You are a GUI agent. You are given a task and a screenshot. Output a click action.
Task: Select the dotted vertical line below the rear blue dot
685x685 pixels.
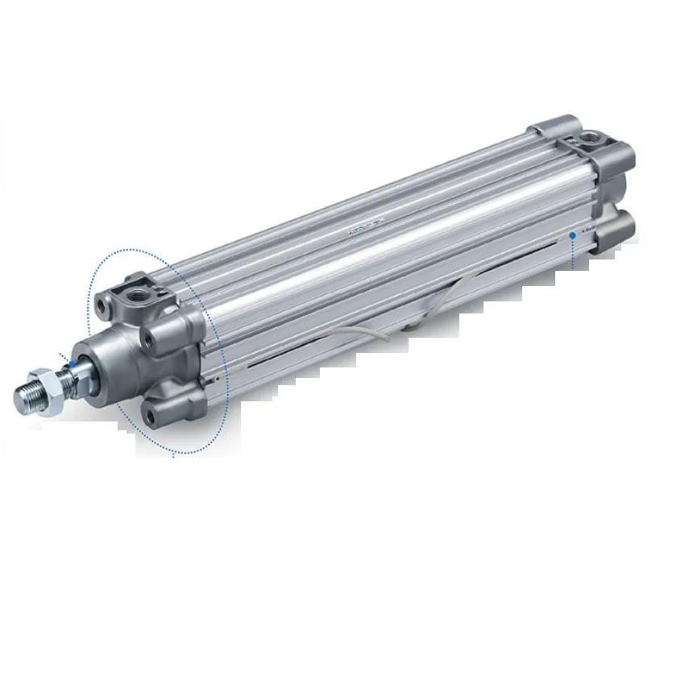571,254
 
